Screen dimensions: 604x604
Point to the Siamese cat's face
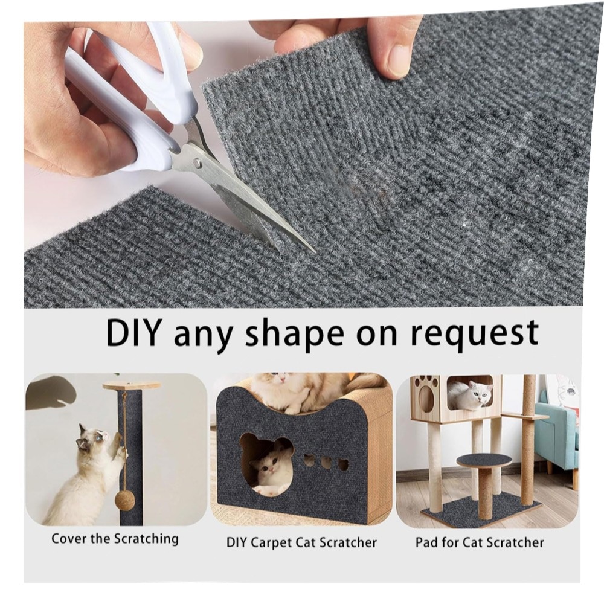tap(89, 439)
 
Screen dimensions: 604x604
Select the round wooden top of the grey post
tap(131, 385)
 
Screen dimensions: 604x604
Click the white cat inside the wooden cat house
tap(469, 394)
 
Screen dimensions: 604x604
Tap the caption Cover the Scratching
tap(115, 539)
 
